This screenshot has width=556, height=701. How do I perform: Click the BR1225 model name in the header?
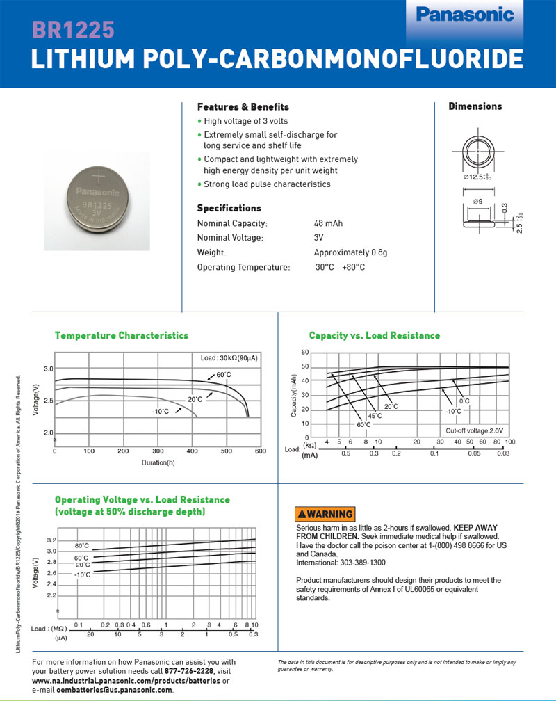coord(73,31)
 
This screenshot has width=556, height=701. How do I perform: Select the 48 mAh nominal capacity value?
coord(328,223)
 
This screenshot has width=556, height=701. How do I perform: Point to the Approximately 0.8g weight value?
coord(350,252)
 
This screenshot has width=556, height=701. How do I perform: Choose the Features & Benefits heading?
coord(243,107)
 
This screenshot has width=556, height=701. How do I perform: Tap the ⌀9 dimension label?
coord(477,202)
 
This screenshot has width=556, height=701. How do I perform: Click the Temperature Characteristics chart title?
coord(122,335)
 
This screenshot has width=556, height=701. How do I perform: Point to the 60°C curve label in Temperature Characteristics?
coord(224,376)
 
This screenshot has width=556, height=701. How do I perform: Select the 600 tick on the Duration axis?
coord(261,451)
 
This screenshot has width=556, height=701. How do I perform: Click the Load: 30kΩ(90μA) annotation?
coord(225,358)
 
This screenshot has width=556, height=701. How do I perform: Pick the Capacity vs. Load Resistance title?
coord(375,335)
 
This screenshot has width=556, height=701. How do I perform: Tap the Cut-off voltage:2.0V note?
coord(475,430)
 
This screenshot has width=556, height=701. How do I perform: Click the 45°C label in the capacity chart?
coord(374,416)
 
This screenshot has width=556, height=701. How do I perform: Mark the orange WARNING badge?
coord(325,514)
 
